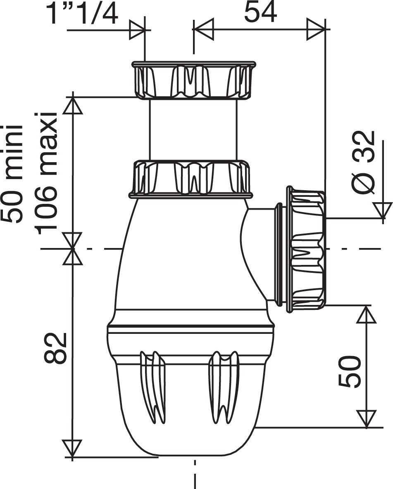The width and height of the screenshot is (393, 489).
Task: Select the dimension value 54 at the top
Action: pyautogui.click(x=260, y=12)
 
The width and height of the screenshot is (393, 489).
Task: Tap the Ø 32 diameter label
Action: pyautogui.click(x=364, y=163)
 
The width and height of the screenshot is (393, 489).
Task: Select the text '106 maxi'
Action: pyautogui.click(x=46, y=173)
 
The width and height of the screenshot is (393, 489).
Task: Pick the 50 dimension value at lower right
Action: pyautogui.click(x=350, y=371)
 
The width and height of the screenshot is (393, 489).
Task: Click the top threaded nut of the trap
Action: pyautogui.click(x=193, y=80)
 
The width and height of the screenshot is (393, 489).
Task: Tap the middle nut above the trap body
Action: pyautogui.click(x=191, y=178)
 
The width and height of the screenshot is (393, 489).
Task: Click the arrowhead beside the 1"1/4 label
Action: pyautogui.click(x=137, y=30)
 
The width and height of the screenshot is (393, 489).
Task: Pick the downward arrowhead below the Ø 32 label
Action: pyautogui.click(x=382, y=210)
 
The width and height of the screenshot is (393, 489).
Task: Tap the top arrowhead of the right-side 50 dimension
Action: pyautogui.click(x=366, y=314)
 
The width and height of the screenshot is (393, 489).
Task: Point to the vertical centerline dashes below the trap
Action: pyautogui.click(x=195, y=475)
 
